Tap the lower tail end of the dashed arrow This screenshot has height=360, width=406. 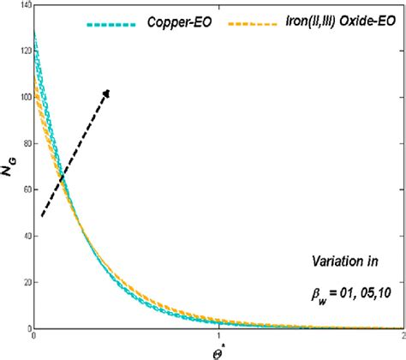pyautogui.click(x=43, y=215)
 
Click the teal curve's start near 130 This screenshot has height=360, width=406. pyautogui.click(x=33, y=33)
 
